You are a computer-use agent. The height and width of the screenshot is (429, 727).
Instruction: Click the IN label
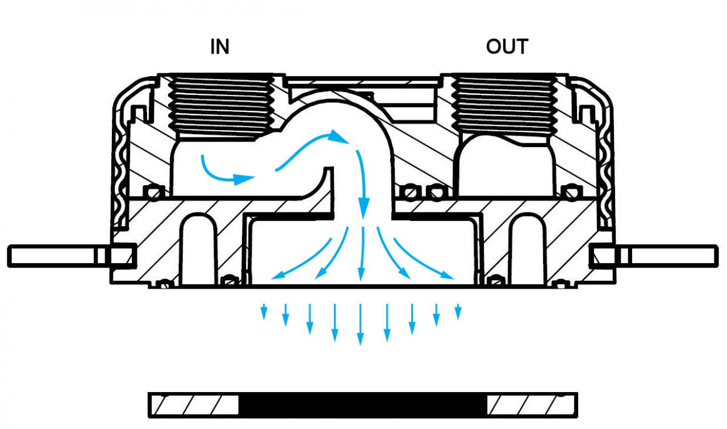(x=220, y=47)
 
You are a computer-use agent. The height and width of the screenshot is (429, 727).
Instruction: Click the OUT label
(x=507, y=47)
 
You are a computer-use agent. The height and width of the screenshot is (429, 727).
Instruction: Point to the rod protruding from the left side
(x=72, y=256)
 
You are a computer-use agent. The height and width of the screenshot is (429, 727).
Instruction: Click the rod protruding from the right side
(x=654, y=256)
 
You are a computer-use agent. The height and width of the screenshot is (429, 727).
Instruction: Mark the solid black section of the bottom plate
(x=362, y=405)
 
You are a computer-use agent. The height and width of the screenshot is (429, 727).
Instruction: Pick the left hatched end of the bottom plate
(x=194, y=405)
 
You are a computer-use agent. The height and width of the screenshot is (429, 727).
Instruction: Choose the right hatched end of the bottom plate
(x=532, y=405)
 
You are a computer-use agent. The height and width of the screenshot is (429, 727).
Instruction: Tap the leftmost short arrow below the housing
(x=264, y=312)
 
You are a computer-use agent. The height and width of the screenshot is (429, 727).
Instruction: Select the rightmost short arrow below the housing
(x=458, y=312)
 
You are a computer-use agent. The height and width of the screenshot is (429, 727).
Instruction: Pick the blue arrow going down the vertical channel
(x=363, y=185)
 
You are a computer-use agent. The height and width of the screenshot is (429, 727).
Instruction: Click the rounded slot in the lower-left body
(x=199, y=250)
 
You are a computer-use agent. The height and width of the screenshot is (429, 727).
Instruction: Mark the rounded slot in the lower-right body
(x=528, y=250)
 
